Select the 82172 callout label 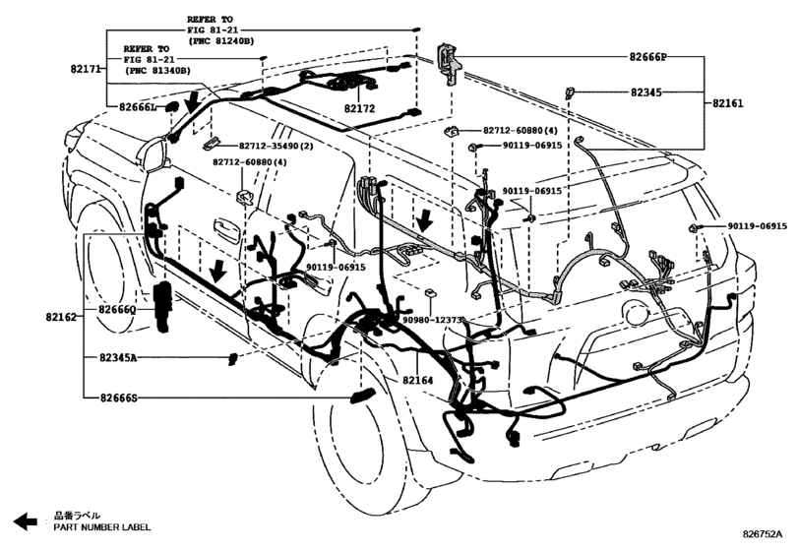tap(359, 108)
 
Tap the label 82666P tap(647, 57)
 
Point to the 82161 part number tap(727, 103)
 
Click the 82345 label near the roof tap(646, 92)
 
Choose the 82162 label tap(61, 317)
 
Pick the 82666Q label tap(117, 309)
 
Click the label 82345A tap(118, 358)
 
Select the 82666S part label tap(118, 398)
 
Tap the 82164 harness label tap(418, 380)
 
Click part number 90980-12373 tap(432, 320)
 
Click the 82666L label tap(138, 107)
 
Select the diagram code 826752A tap(762, 533)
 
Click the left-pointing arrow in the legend tap(26, 520)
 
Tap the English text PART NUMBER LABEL tap(102, 527)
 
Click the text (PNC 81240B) tap(220, 40)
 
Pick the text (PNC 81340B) tap(157, 70)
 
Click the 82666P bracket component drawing tap(448, 65)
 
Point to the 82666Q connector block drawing tap(163, 306)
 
